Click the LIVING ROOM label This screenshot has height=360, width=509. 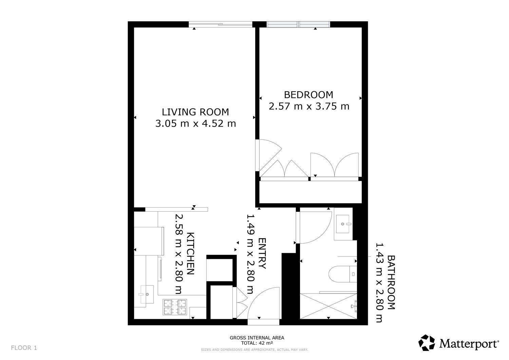click(195, 112)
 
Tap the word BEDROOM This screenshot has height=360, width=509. click(308, 95)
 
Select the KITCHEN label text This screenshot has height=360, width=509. click(190, 254)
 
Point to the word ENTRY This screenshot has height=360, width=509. click(262, 253)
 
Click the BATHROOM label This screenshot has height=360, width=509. click(391, 282)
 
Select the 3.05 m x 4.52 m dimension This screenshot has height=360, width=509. click(196, 124)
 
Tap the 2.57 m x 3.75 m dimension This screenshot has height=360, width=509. click(309, 106)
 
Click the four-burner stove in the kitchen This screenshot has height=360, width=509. click(175, 307)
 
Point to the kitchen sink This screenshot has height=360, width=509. click(146, 294)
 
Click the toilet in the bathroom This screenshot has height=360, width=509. click(343, 274)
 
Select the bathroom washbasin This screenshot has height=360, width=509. click(343, 224)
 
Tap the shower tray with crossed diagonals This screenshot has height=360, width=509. click(328, 306)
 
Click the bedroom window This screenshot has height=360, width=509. click(298, 24)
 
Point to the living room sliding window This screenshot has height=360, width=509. click(221, 24)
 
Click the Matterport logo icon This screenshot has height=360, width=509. click(427, 342)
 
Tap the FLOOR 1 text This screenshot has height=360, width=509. click(24, 348)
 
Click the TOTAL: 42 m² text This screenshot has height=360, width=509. click(257, 343)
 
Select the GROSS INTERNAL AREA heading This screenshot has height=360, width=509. click(257, 338)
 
